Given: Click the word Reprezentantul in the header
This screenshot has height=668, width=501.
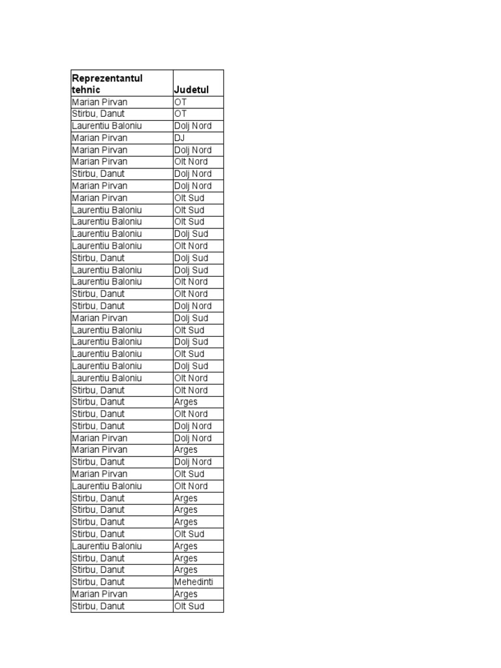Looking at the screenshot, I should (107, 78).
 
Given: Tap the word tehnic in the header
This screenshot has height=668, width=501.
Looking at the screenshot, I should (86, 90).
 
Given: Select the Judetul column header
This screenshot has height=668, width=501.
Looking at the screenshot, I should (191, 90).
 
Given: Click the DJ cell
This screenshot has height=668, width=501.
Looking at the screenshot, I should (180, 138).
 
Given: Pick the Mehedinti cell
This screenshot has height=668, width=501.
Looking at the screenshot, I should (194, 582).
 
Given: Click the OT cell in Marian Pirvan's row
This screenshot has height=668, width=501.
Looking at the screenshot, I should (180, 102).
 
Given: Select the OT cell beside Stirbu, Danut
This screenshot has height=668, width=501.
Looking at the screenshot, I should (180, 114).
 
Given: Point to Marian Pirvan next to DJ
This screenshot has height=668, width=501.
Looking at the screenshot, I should (100, 138).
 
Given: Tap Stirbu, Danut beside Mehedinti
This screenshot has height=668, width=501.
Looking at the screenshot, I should (98, 582).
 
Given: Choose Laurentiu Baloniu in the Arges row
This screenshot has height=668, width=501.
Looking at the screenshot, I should (107, 546).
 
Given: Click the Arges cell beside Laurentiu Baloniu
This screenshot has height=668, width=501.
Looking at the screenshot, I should (186, 546).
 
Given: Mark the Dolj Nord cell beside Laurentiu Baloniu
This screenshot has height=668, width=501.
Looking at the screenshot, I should (192, 126).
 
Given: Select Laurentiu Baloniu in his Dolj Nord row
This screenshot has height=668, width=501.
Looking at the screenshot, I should (107, 126).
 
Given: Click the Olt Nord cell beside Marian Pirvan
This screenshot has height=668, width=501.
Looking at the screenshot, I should (191, 162).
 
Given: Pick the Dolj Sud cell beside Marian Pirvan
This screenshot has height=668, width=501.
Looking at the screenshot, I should (191, 318).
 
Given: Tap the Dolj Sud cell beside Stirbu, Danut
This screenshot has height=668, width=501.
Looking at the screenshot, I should (191, 258).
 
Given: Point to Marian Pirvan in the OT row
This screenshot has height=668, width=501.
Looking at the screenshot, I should (100, 102).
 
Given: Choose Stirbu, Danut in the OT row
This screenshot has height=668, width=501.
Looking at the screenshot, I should (98, 114).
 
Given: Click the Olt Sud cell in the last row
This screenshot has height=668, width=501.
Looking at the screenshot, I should (189, 606).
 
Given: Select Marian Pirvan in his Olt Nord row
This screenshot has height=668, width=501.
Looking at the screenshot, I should (100, 162).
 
